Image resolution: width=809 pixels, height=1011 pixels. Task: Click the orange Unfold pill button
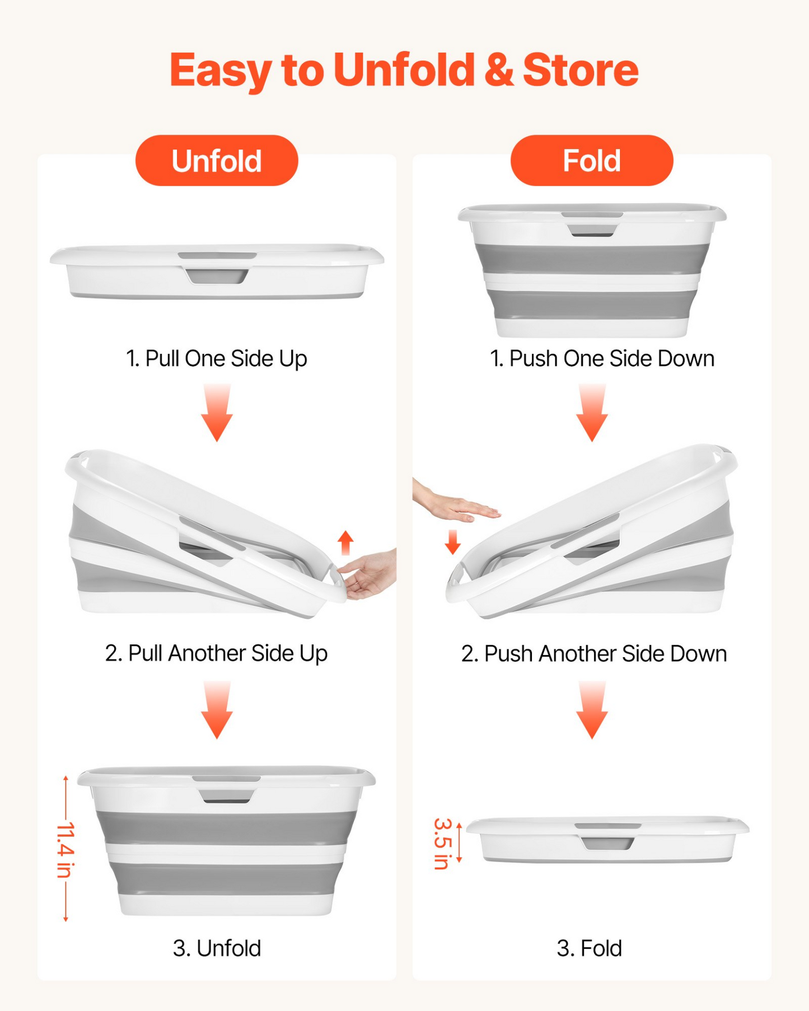coord(217,161)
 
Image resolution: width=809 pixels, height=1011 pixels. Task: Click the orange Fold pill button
coord(592,161)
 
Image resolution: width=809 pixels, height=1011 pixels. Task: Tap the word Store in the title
coord(581,70)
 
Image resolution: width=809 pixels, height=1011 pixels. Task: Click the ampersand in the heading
coord(499,70)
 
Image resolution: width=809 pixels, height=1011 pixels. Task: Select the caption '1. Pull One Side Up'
coord(217,359)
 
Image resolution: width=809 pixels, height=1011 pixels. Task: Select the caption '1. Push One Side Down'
coord(602,359)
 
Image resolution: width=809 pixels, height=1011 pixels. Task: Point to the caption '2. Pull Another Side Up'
coord(216,653)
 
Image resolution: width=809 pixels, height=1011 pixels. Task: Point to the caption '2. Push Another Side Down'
coord(594,653)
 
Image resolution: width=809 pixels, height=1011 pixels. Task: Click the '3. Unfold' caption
coord(217,948)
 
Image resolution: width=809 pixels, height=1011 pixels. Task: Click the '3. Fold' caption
coord(589,948)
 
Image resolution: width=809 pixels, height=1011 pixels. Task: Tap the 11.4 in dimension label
coord(66,850)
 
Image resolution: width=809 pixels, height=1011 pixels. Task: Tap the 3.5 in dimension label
coord(442,844)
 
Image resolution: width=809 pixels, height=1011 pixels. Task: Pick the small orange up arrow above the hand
coord(346,542)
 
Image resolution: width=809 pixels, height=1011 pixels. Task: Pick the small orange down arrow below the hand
coord(452,542)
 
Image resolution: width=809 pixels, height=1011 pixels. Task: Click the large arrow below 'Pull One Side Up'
coord(217,413)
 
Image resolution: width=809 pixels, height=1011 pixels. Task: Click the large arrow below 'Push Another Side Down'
coord(592,710)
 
